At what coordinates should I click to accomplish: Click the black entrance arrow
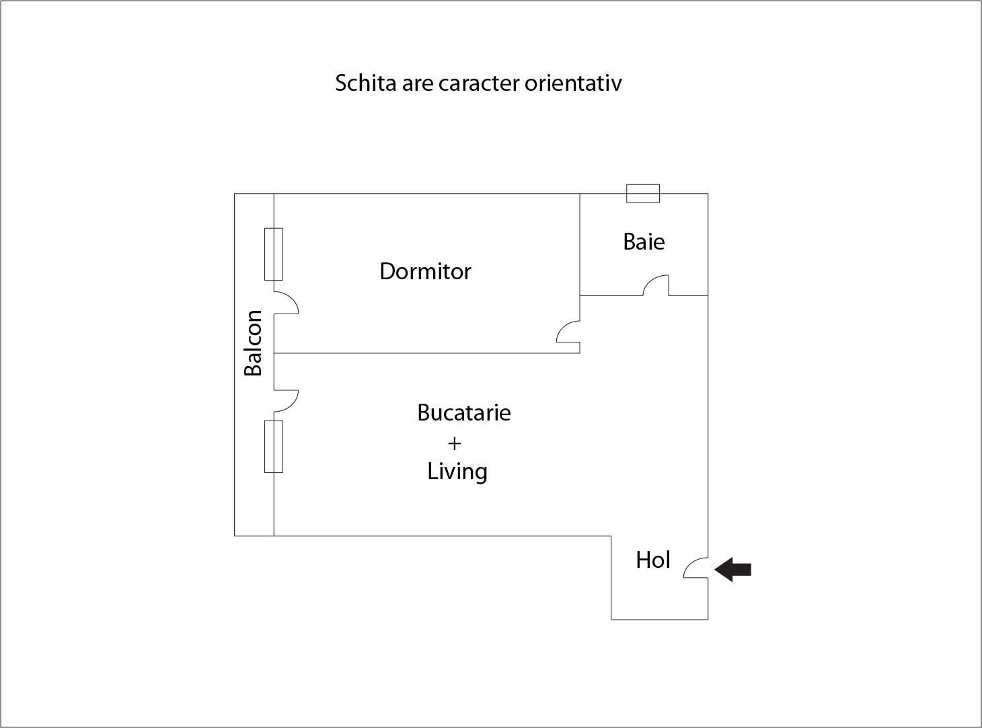click(x=732, y=569)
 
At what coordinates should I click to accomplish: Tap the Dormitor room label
click(x=425, y=271)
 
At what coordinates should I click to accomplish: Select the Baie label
click(x=644, y=242)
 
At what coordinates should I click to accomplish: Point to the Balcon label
click(x=254, y=343)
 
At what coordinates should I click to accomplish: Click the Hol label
click(x=652, y=560)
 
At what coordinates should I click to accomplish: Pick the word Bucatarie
click(x=464, y=412)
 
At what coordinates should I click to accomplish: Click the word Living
click(x=457, y=472)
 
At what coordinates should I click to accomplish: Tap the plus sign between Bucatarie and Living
click(x=454, y=443)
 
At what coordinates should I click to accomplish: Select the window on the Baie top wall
click(x=643, y=194)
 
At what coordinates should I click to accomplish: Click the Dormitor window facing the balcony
click(x=274, y=254)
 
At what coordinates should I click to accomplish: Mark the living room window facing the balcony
click(x=274, y=447)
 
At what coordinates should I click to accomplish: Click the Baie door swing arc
click(x=656, y=285)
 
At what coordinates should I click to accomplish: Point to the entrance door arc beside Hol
click(x=695, y=568)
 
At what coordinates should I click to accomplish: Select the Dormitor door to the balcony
click(x=286, y=303)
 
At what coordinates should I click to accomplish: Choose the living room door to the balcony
click(x=286, y=402)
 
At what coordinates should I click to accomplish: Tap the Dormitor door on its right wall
click(x=568, y=332)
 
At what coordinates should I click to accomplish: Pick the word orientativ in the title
click(x=573, y=83)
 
